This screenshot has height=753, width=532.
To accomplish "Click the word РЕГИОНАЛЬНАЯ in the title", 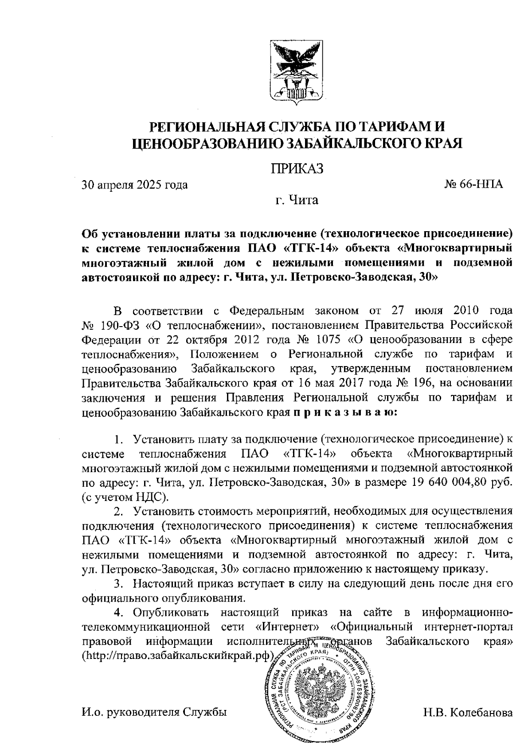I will (208, 127).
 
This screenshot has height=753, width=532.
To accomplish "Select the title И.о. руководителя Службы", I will (154, 713).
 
